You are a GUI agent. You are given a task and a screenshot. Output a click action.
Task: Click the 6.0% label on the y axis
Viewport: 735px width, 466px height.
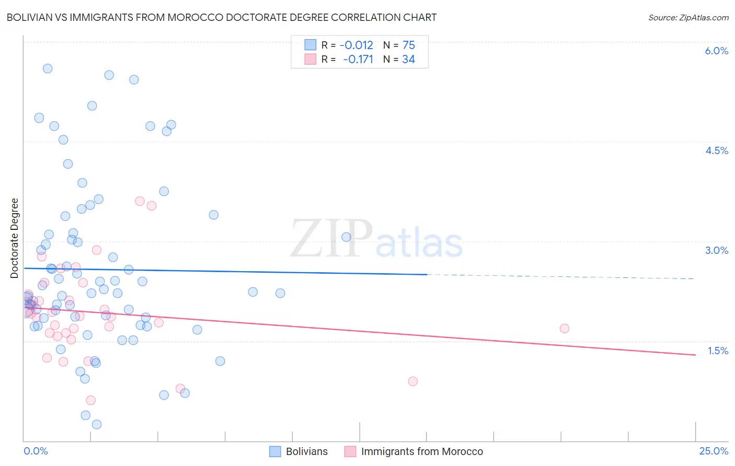(716, 51)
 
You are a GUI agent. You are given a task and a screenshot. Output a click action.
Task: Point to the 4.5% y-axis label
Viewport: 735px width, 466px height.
(716, 150)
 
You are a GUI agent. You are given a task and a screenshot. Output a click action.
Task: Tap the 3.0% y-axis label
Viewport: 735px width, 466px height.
(716, 250)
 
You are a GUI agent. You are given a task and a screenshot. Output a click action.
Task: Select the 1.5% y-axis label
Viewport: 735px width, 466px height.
(718, 351)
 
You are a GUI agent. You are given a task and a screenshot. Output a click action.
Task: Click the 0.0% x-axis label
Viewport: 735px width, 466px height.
(36, 451)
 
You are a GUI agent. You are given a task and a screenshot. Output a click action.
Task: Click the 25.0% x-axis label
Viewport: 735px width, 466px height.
(714, 451)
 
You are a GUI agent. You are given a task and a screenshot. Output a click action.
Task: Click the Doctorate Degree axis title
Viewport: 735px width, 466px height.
(14, 238)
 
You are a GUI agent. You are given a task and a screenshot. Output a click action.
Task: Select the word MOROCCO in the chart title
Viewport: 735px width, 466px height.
(194, 17)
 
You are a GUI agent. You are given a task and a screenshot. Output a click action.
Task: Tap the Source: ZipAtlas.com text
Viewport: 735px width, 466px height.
(688, 17)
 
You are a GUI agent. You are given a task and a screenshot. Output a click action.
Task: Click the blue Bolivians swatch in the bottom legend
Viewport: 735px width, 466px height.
(275, 451)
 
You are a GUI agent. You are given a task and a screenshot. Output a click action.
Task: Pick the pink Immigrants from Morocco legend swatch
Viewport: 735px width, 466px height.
(350, 451)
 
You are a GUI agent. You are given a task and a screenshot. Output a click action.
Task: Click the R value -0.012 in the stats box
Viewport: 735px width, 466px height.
(357, 45)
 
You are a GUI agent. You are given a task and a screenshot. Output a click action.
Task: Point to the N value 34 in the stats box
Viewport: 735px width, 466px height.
(408, 59)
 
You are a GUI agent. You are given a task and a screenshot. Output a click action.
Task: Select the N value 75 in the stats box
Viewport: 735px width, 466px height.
(408, 45)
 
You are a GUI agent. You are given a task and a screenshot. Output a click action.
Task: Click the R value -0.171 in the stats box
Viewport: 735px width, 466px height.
(358, 59)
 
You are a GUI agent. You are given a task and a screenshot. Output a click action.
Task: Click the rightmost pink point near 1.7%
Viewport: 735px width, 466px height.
(564, 328)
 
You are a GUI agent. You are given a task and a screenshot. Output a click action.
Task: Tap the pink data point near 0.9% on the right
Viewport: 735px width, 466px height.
(412, 381)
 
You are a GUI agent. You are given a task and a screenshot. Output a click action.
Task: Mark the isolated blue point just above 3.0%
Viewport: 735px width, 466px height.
(346, 237)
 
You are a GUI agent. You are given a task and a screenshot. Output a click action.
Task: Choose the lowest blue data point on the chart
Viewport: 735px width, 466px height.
(97, 424)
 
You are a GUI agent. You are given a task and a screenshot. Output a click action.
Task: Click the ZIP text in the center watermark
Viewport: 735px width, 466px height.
(331, 239)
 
